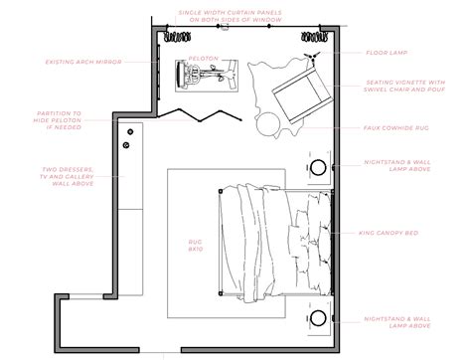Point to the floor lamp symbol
314,45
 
